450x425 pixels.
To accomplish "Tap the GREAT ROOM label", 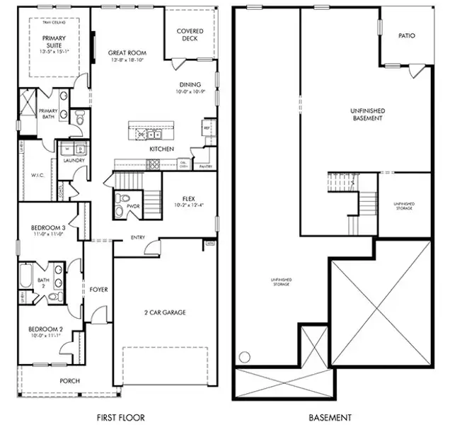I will click(127, 53).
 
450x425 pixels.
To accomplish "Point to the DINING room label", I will click(190, 85).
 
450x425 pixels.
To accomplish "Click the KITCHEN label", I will click(161, 149).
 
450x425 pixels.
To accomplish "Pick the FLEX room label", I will click(188, 199).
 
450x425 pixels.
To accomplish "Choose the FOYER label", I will click(98, 289).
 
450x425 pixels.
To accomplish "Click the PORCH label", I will click(69, 381).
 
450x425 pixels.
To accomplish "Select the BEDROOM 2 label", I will click(45, 329).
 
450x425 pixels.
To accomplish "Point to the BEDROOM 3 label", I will click(48, 227).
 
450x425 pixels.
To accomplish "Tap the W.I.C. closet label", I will click(37, 174).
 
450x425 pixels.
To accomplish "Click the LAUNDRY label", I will click(74, 161).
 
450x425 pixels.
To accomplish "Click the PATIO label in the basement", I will click(406, 35).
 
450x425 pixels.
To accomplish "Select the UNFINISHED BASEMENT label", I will click(367, 115).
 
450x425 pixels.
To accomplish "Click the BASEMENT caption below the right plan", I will click(330, 418).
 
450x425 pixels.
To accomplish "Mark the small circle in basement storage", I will click(245, 356).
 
